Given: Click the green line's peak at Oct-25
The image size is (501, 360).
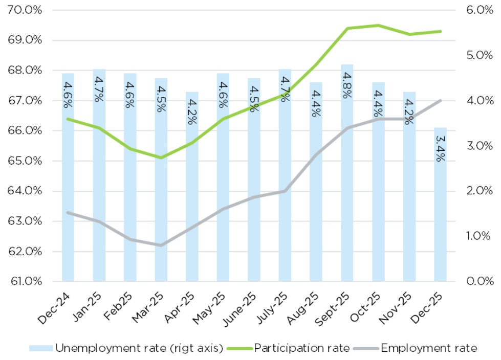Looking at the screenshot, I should click(378, 25).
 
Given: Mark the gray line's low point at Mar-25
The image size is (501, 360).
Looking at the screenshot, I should click(161, 245).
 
